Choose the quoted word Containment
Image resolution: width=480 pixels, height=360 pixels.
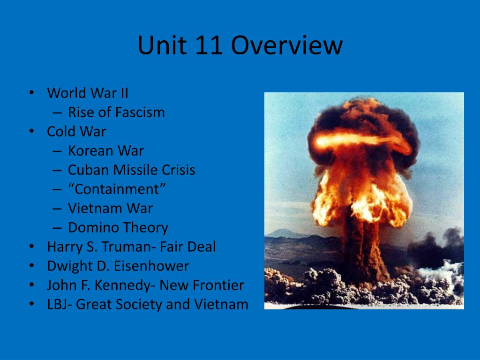click(117, 189)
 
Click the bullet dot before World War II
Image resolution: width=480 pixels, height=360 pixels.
click(31, 93)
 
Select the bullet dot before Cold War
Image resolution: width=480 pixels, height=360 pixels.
click(31, 131)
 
